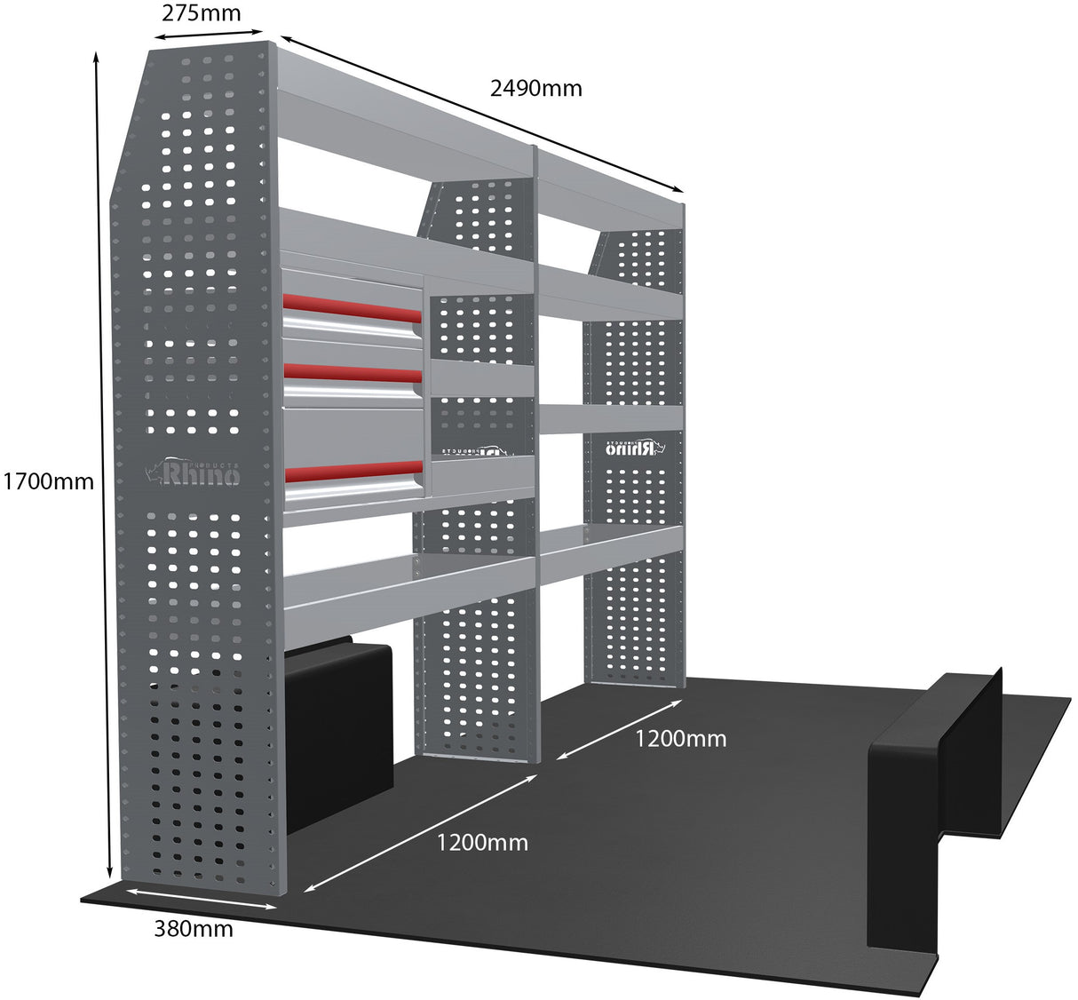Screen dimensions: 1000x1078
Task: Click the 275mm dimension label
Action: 202,13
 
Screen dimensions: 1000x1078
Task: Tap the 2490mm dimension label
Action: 535,88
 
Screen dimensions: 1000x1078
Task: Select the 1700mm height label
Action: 48,481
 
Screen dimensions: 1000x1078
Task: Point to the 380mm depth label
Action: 194,929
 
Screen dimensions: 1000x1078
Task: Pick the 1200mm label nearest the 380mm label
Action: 481,843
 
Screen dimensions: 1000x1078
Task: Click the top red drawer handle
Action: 353,308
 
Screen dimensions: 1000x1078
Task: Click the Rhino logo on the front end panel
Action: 193,471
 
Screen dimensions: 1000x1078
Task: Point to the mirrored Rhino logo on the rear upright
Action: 634,448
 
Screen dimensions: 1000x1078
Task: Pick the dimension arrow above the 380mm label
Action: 201,898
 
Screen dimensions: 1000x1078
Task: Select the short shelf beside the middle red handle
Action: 481,378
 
